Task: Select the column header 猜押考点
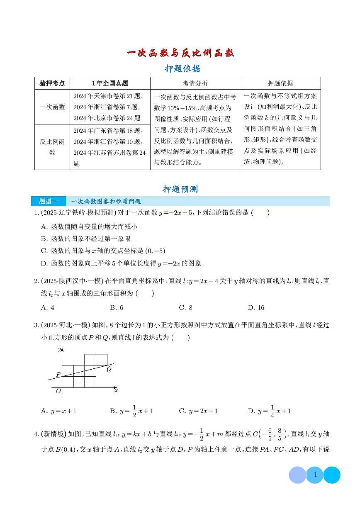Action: click(52, 83)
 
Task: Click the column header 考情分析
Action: click(195, 83)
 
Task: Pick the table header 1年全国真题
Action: click(110, 83)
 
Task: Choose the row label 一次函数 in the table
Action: click(52, 107)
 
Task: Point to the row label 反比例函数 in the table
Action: click(52, 147)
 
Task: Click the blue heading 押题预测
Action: click(180, 189)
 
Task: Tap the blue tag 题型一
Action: click(49, 201)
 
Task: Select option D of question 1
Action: click(121, 263)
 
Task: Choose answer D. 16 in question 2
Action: click(256, 307)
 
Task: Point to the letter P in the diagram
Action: click(58, 374)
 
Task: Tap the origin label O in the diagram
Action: click(58, 391)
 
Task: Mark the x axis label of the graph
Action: click(116, 390)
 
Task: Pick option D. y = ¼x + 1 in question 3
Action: click(269, 411)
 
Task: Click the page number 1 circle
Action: click(315, 475)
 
